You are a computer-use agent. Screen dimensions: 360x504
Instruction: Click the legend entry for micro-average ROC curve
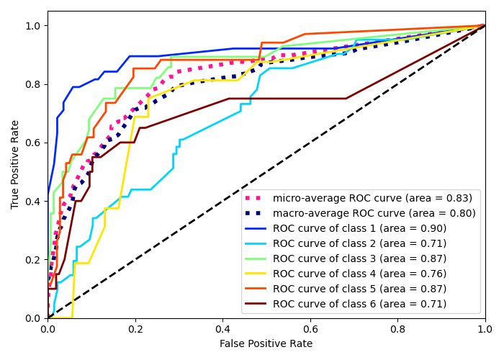(x=373, y=198)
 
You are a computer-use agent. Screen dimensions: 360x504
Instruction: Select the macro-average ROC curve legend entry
(x=374, y=213)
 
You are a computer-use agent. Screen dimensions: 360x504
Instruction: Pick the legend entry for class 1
(x=359, y=228)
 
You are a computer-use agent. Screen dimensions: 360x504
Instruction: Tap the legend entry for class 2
(x=359, y=243)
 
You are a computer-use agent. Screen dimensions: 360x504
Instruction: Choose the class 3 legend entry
(x=359, y=258)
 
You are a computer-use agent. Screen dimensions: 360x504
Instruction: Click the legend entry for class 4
(x=359, y=274)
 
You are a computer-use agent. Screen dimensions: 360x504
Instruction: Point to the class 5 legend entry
(x=359, y=289)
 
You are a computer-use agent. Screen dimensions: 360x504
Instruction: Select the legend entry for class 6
(x=359, y=304)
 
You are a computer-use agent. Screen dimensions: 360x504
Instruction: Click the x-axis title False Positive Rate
(x=266, y=344)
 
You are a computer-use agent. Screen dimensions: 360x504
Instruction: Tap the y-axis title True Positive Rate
(x=16, y=164)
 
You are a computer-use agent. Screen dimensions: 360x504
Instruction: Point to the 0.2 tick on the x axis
(x=135, y=328)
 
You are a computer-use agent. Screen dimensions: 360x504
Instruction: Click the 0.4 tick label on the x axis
(x=222, y=328)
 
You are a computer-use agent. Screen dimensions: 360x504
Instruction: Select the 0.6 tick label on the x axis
(x=310, y=328)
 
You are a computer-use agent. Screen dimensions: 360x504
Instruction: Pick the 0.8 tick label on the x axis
(x=397, y=328)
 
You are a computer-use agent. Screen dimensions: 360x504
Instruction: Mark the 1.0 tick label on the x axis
(x=485, y=328)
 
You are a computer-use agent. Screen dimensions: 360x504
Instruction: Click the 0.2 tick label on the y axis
(x=34, y=259)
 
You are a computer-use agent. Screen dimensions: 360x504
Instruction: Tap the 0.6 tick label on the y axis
(x=34, y=143)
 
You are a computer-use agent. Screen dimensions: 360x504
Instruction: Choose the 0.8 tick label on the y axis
(x=34, y=84)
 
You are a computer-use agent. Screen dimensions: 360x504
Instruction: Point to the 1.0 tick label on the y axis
(x=34, y=26)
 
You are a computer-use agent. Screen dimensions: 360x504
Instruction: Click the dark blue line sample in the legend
(x=257, y=213)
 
